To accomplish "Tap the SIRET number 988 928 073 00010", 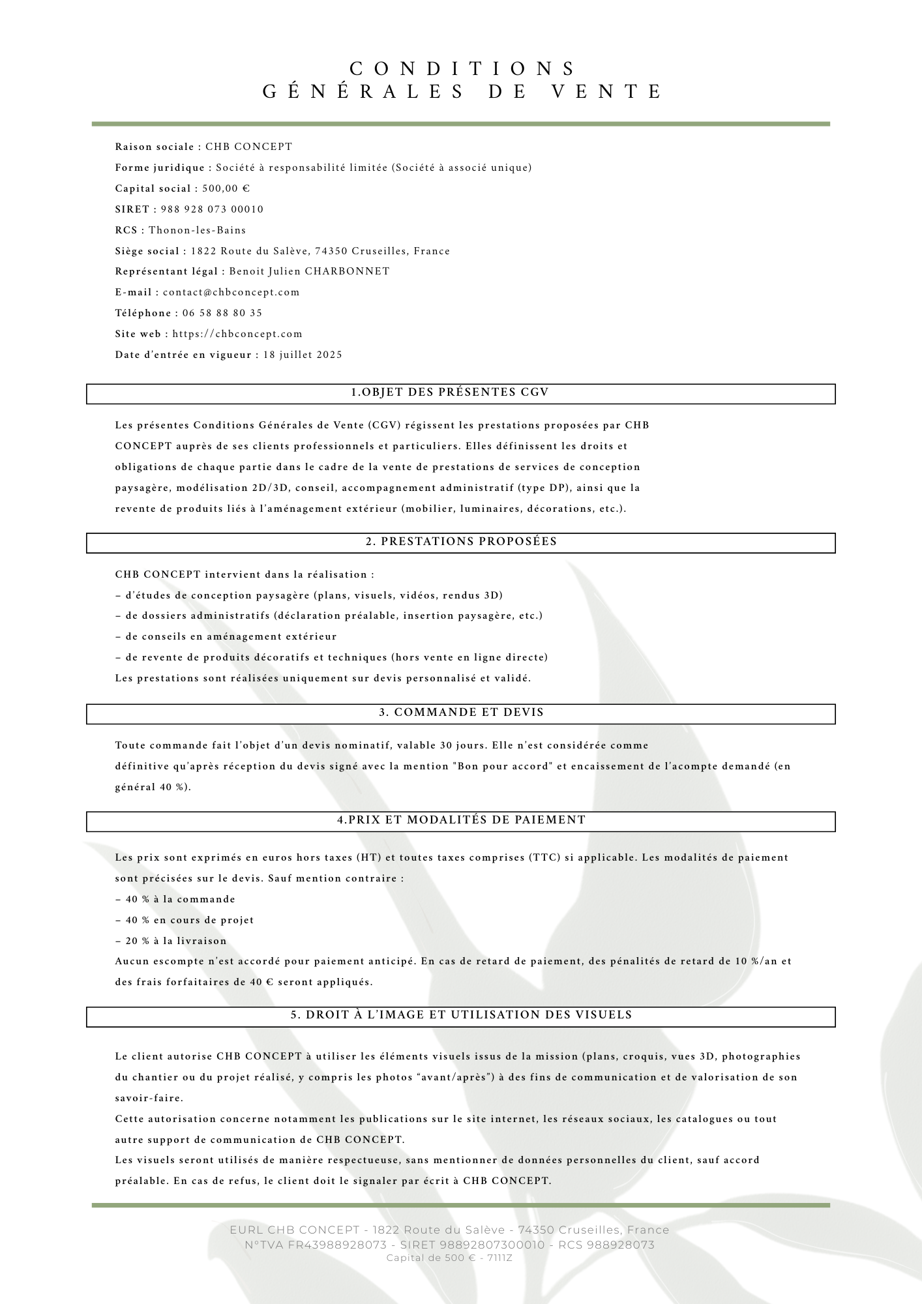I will (212, 209).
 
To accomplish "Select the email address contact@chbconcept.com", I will (231, 292).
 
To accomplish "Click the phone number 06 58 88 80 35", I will (218, 313).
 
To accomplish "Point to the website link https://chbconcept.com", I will (237, 334).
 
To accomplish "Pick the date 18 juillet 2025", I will (303, 355).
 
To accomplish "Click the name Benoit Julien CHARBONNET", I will (310, 271).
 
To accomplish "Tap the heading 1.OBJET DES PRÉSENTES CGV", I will (451, 393).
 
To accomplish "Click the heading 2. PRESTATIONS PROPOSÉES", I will (461, 542).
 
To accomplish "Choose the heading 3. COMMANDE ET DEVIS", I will (461, 713).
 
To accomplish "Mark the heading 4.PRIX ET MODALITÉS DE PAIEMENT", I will (461, 820).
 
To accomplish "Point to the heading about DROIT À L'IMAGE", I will (461, 1015).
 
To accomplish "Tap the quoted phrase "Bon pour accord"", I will (502, 766).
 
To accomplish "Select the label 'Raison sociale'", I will (155, 147).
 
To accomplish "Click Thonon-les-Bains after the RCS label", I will (198, 230).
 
